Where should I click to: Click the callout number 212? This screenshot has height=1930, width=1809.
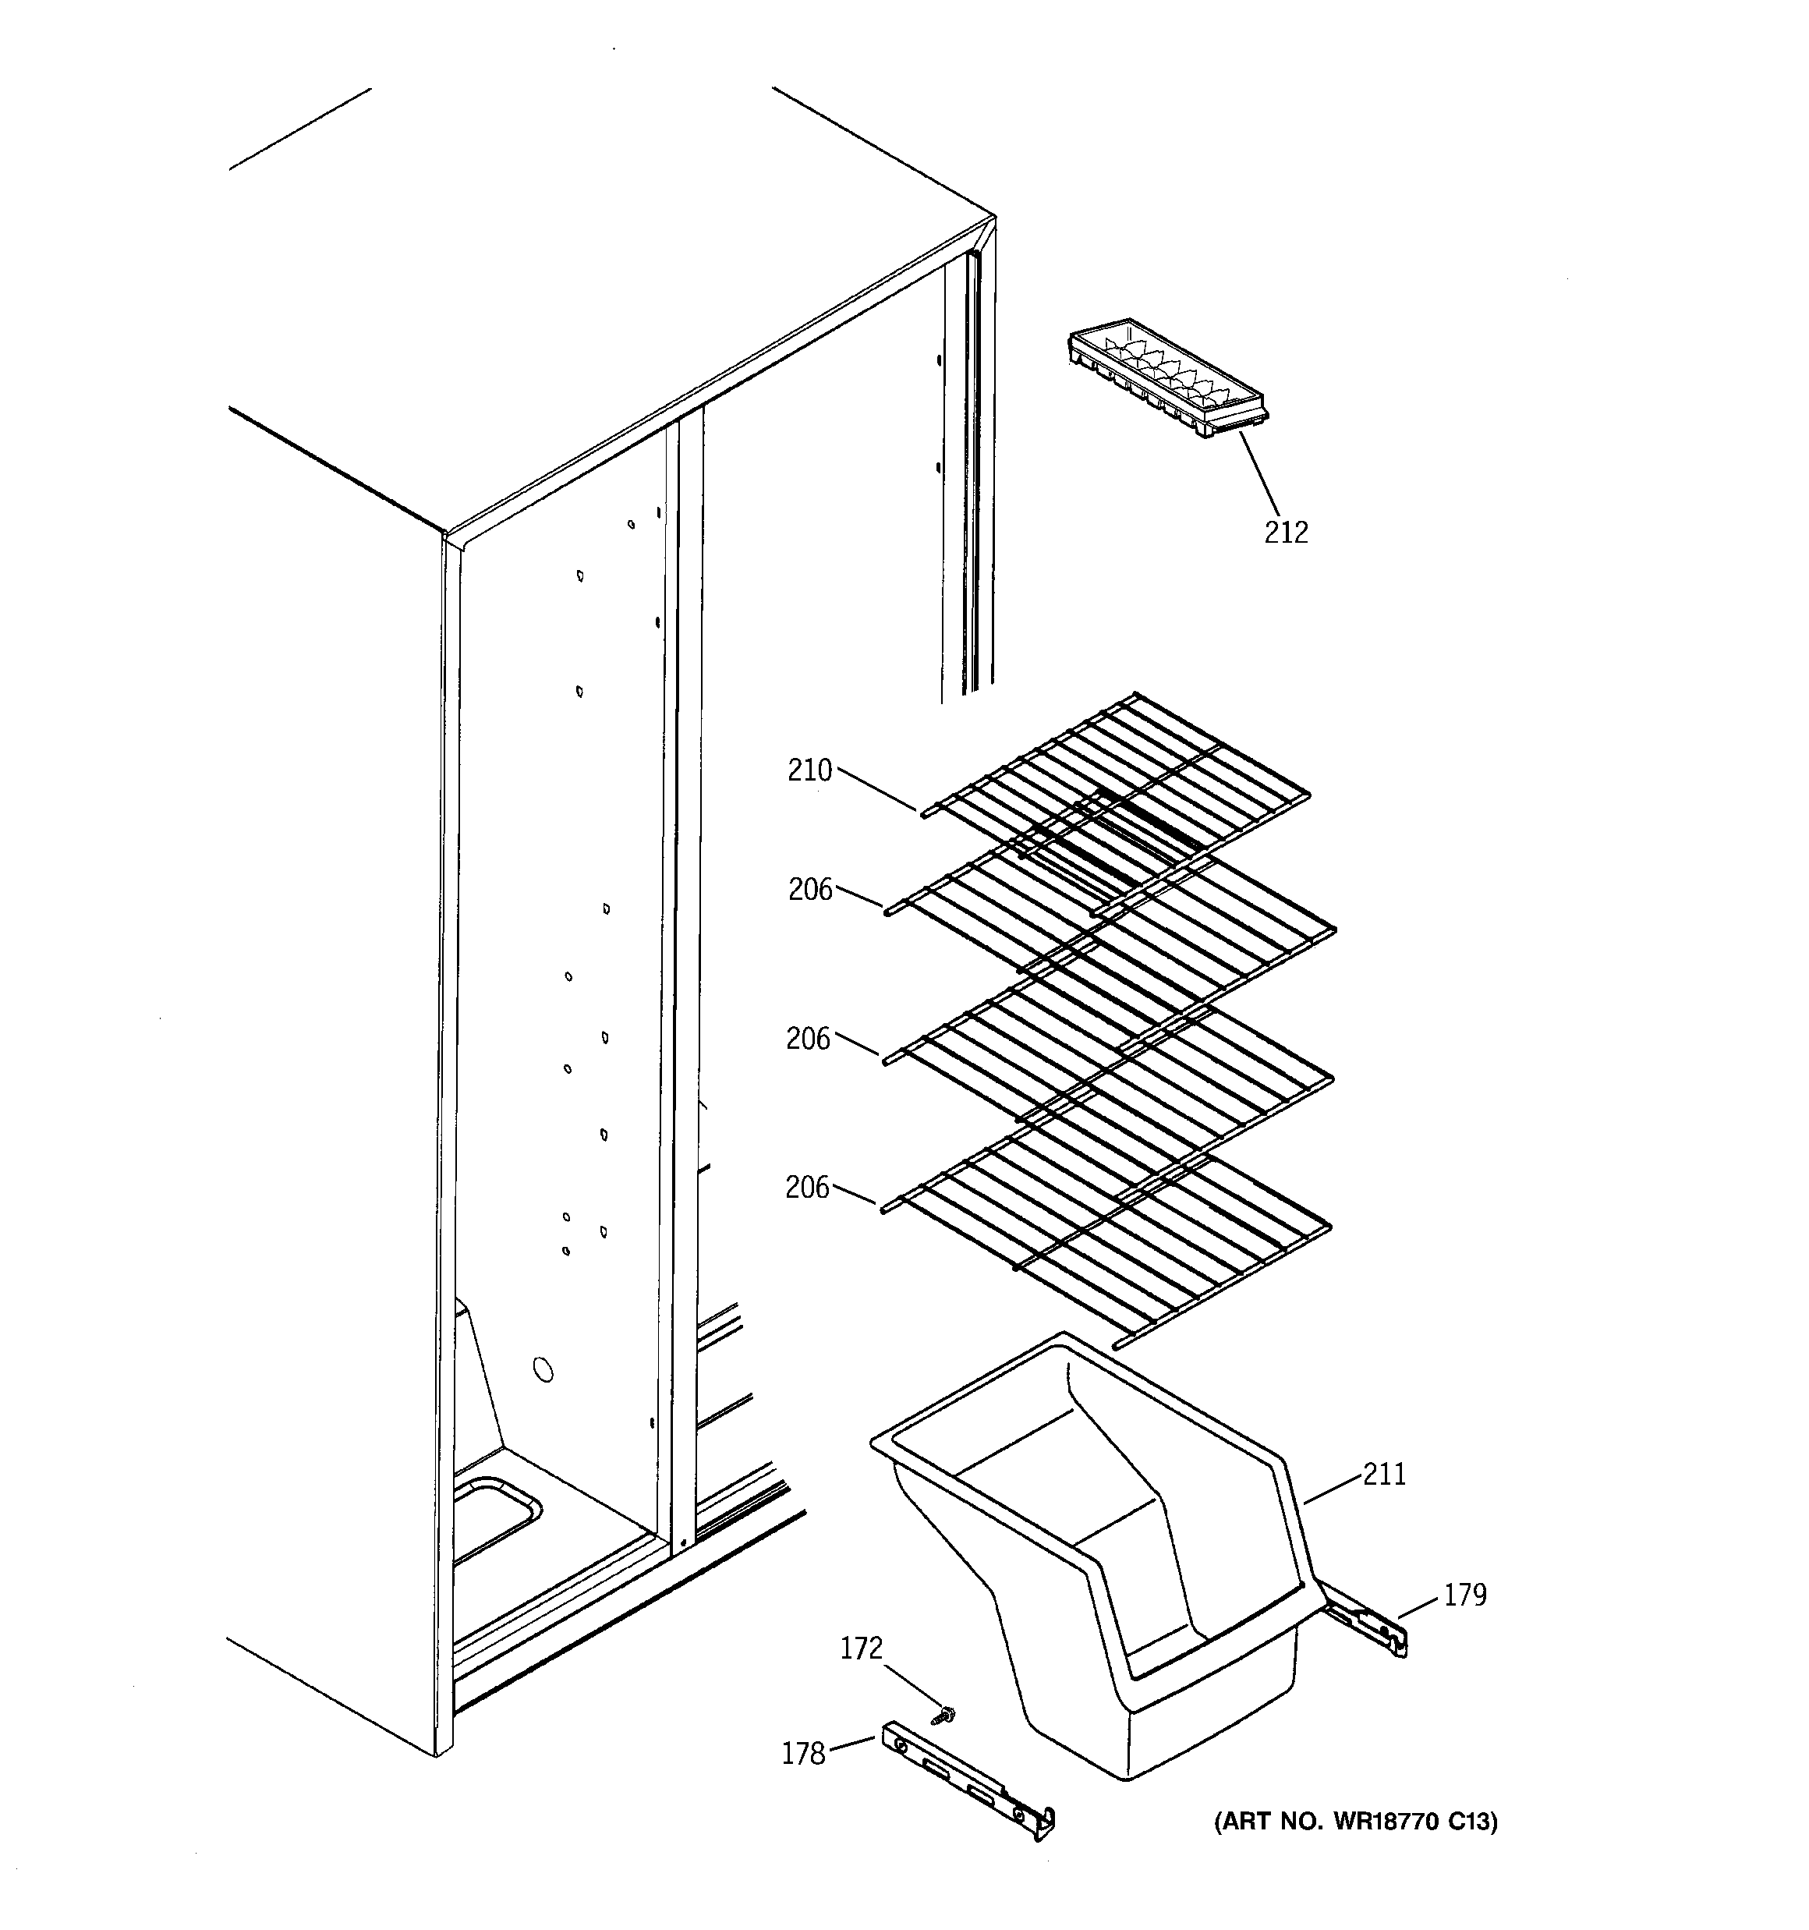click(1286, 532)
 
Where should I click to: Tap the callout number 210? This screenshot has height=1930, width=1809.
click(810, 771)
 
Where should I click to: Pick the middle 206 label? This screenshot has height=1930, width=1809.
click(808, 1039)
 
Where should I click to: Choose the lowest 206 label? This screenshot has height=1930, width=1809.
click(807, 1188)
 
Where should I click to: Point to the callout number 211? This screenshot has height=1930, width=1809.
click(1384, 1475)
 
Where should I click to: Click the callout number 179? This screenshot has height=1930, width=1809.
click(1464, 1595)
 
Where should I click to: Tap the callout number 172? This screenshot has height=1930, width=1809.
click(860, 1648)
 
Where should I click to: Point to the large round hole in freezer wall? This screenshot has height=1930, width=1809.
click(543, 1370)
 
